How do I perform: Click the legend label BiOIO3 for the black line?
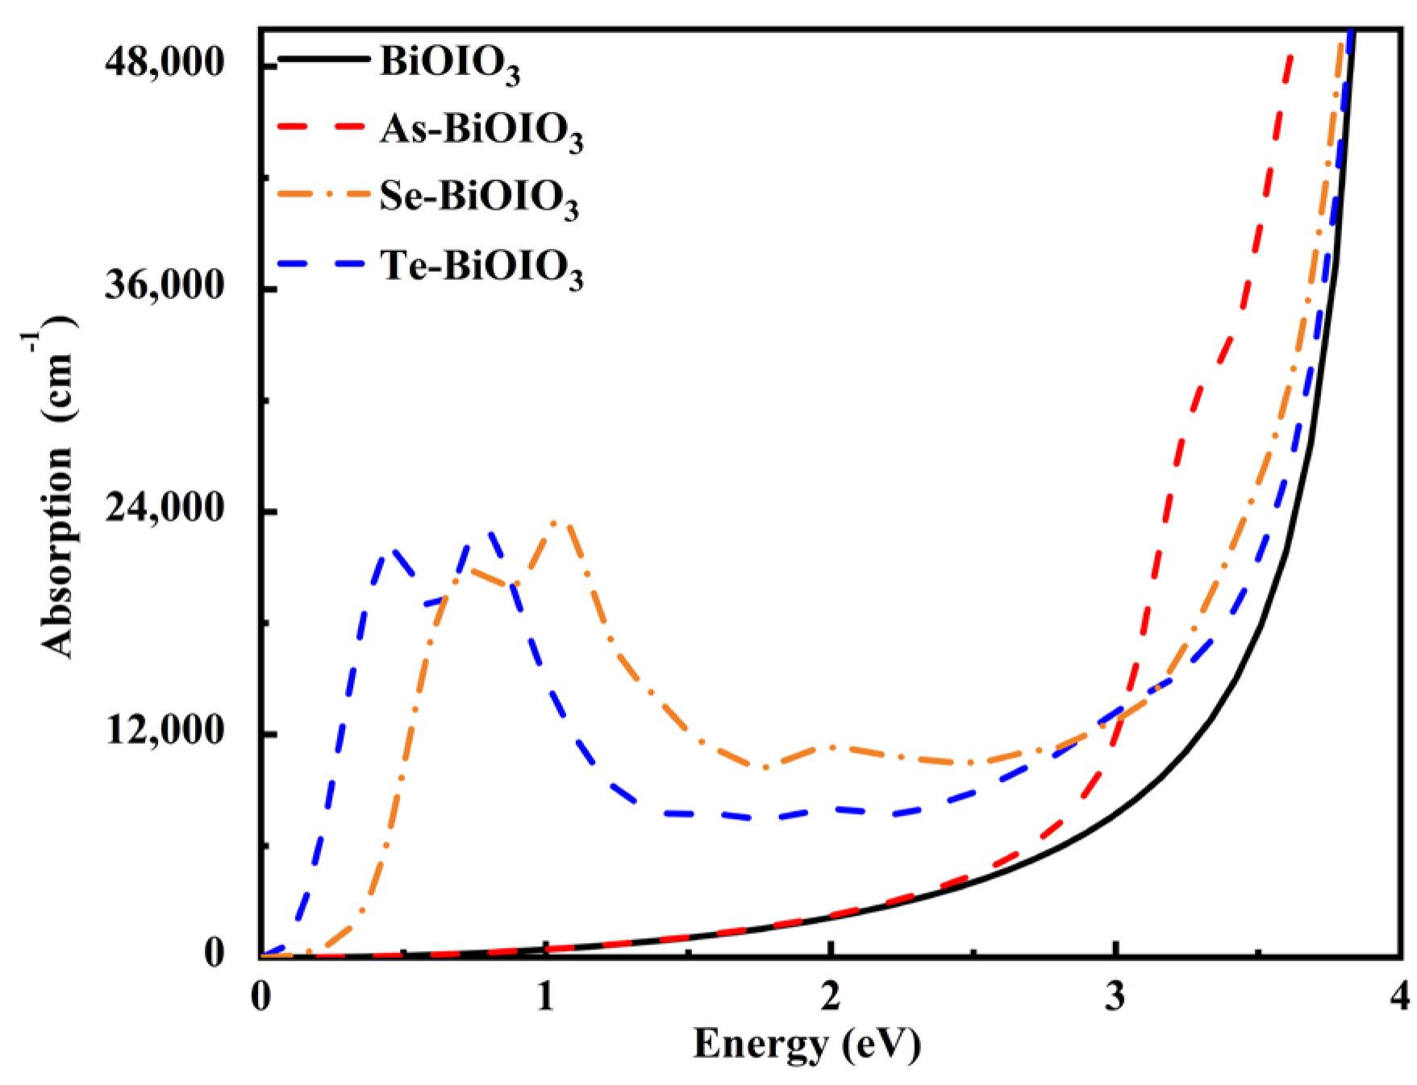[449, 64]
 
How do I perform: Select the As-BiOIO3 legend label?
[481, 131]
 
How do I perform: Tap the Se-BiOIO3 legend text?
[479, 198]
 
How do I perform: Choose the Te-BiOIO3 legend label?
[481, 267]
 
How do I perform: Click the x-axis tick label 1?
[546, 997]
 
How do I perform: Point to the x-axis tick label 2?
[831, 997]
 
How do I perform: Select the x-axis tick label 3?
[1115, 997]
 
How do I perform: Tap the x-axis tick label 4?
[1401, 997]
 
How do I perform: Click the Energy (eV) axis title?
[806, 1045]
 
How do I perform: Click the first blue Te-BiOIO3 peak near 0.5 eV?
[390, 551]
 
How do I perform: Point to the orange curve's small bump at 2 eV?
[831, 746]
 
